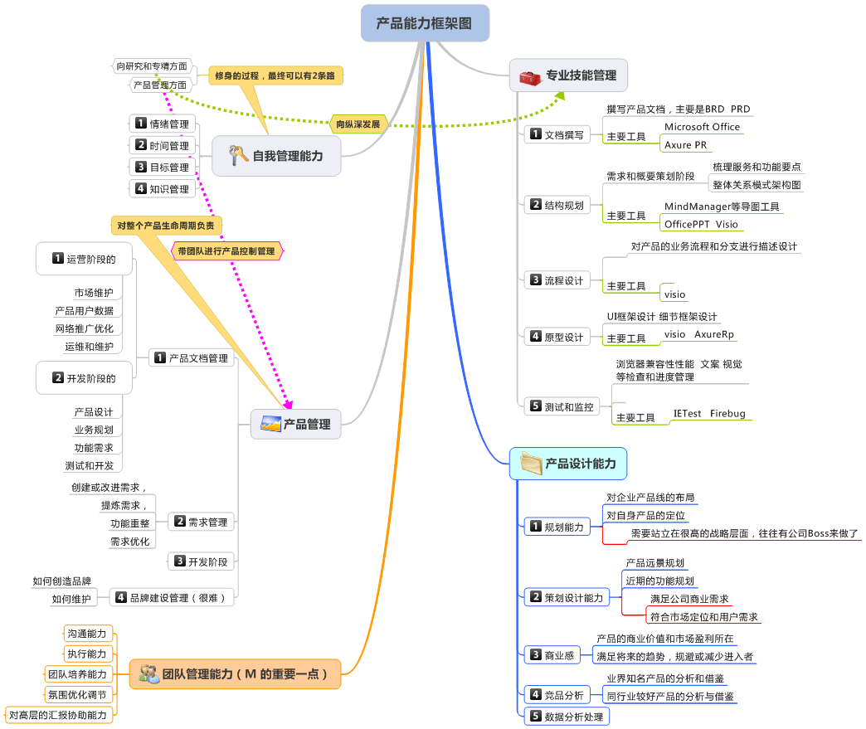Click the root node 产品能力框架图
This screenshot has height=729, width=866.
425,23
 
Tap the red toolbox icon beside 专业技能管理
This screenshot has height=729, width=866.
528,77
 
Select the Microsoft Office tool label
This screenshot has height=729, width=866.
702,127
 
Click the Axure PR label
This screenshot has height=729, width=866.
686,145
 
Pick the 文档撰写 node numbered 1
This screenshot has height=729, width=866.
556,134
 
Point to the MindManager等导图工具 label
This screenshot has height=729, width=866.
722,207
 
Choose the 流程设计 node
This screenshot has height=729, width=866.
556,280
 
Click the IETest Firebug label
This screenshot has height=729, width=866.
709,413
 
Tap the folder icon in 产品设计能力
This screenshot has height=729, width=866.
529,464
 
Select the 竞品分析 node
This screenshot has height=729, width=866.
557,694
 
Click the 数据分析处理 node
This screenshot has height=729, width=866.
566,716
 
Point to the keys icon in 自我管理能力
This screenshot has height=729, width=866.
238,155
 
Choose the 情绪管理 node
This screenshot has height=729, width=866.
163,124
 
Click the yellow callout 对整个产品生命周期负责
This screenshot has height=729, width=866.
166,225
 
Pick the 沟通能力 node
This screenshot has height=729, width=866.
87,634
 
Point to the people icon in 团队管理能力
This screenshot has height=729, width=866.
149,673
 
